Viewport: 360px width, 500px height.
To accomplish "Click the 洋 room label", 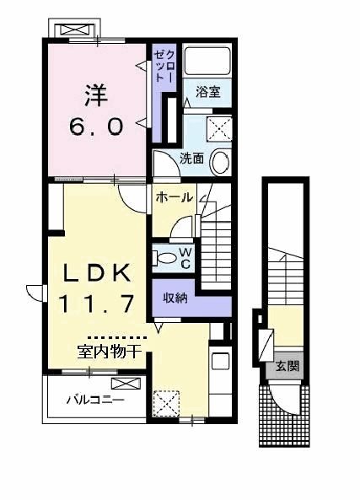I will (x=94, y=91).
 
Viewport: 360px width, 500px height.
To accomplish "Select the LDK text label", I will (x=95, y=272).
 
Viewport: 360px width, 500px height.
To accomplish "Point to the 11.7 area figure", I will (x=95, y=301).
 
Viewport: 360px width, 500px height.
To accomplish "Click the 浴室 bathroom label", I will (x=207, y=92).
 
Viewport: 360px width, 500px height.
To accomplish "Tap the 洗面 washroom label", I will (x=191, y=158).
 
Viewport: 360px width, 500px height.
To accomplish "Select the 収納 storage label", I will (x=175, y=297).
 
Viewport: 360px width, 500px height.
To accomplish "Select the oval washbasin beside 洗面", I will (x=220, y=160).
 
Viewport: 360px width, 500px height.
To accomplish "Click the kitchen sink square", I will (x=219, y=362).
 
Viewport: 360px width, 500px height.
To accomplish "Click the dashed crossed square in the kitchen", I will (x=166, y=402).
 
